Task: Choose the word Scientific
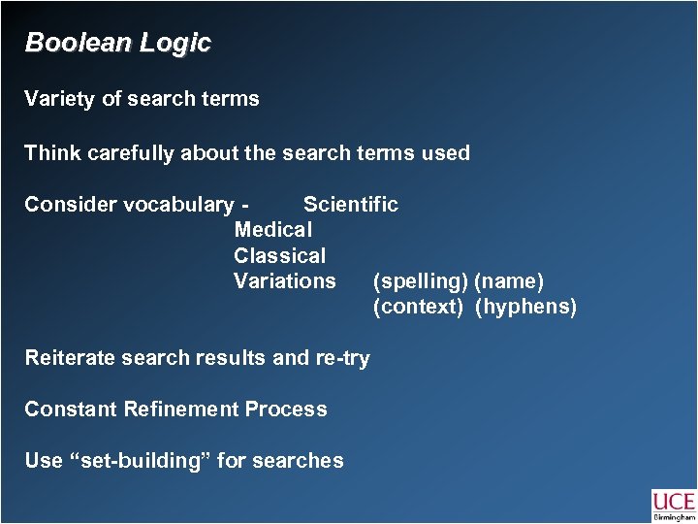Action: pyautogui.click(x=350, y=205)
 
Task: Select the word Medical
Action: pyautogui.click(x=273, y=230)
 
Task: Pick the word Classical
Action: pyautogui.click(x=280, y=256)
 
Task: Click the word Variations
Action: pyautogui.click(x=285, y=281)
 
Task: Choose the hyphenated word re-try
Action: pyautogui.click(x=342, y=358)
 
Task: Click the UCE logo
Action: pyautogui.click(x=674, y=505)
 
